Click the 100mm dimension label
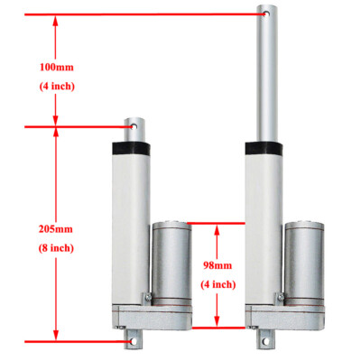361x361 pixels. coord(56,68)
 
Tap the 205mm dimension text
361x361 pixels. coord(56,228)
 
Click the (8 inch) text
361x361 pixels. coord(56,247)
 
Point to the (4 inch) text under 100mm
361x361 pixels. coord(56,87)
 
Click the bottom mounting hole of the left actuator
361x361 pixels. coord(133,342)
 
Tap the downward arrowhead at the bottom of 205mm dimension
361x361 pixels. coord(56,336)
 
